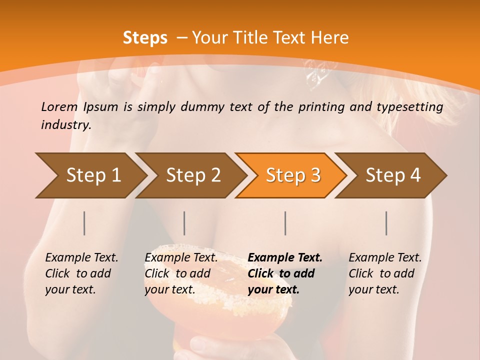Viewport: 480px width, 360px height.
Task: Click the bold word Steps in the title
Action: [145, 38]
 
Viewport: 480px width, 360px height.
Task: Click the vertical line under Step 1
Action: [84, 223]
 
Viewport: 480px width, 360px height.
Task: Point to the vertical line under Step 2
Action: [184, 223]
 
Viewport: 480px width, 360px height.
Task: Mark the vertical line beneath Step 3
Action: [285, 223]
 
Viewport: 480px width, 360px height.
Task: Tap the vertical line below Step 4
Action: [386, 223]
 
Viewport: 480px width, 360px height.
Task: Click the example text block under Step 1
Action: [81, 273]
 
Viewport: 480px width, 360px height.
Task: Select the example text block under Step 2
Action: [181, 273]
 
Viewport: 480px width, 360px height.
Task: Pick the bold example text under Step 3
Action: [285, 273]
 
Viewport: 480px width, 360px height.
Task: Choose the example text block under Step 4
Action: [385, 273]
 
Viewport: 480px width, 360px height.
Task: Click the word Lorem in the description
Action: [59, 106]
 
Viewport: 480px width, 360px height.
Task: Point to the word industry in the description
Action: [66, 125]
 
